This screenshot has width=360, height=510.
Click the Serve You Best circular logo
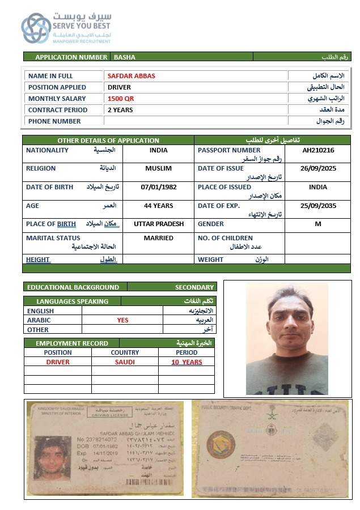click(36, 28)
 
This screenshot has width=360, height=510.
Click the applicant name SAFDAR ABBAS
click(131, 76)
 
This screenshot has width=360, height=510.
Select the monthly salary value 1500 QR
click(121, 99)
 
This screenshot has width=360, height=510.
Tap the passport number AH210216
click(318, 151)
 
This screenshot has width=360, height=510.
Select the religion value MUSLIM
click(158, 169)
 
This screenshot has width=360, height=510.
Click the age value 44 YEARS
click(158, 206)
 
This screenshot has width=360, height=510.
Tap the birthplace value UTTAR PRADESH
click(159, 224)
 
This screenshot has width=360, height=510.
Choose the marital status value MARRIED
click(158, 238)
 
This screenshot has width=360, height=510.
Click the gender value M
click(318, 224)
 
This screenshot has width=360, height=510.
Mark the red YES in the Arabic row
click(122, 320)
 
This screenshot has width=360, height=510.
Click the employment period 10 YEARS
click(187, 362)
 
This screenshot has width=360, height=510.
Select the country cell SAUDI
click(125, 362)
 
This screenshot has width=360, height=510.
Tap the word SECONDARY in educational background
click(194, 287)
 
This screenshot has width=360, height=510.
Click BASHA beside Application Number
click(125, 57)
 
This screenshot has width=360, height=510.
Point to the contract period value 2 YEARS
click(120, 110)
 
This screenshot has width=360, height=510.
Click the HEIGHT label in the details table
click(38, 260)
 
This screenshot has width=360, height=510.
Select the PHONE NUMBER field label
click(54, 121)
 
